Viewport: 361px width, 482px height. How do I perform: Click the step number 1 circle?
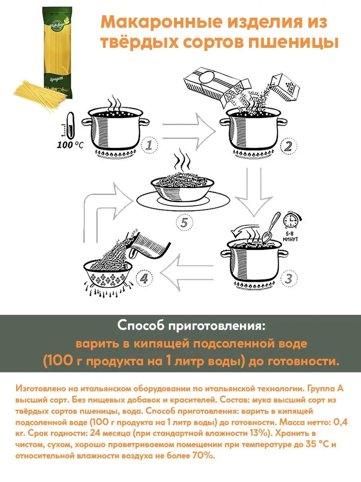coord(149,145)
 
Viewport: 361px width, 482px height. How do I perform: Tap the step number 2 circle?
coord(288,146)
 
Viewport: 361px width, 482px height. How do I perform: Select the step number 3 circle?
coord(289,278)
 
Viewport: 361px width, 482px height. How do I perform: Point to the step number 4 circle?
coord(144,279)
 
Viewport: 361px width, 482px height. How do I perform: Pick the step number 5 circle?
coord(185,223)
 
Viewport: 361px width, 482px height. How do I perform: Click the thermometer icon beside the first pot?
coord(70,126)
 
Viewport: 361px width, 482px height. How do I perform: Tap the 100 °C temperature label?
coord(70,145)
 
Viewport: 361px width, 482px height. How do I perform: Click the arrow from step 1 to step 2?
coord(189,131)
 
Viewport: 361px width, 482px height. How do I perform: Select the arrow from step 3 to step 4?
coord(187,272)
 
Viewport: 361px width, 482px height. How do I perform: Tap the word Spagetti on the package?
coord(56,79)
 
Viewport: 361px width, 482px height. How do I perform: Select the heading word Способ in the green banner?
coord(140,326)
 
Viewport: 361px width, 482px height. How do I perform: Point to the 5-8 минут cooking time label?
coord(290,237)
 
